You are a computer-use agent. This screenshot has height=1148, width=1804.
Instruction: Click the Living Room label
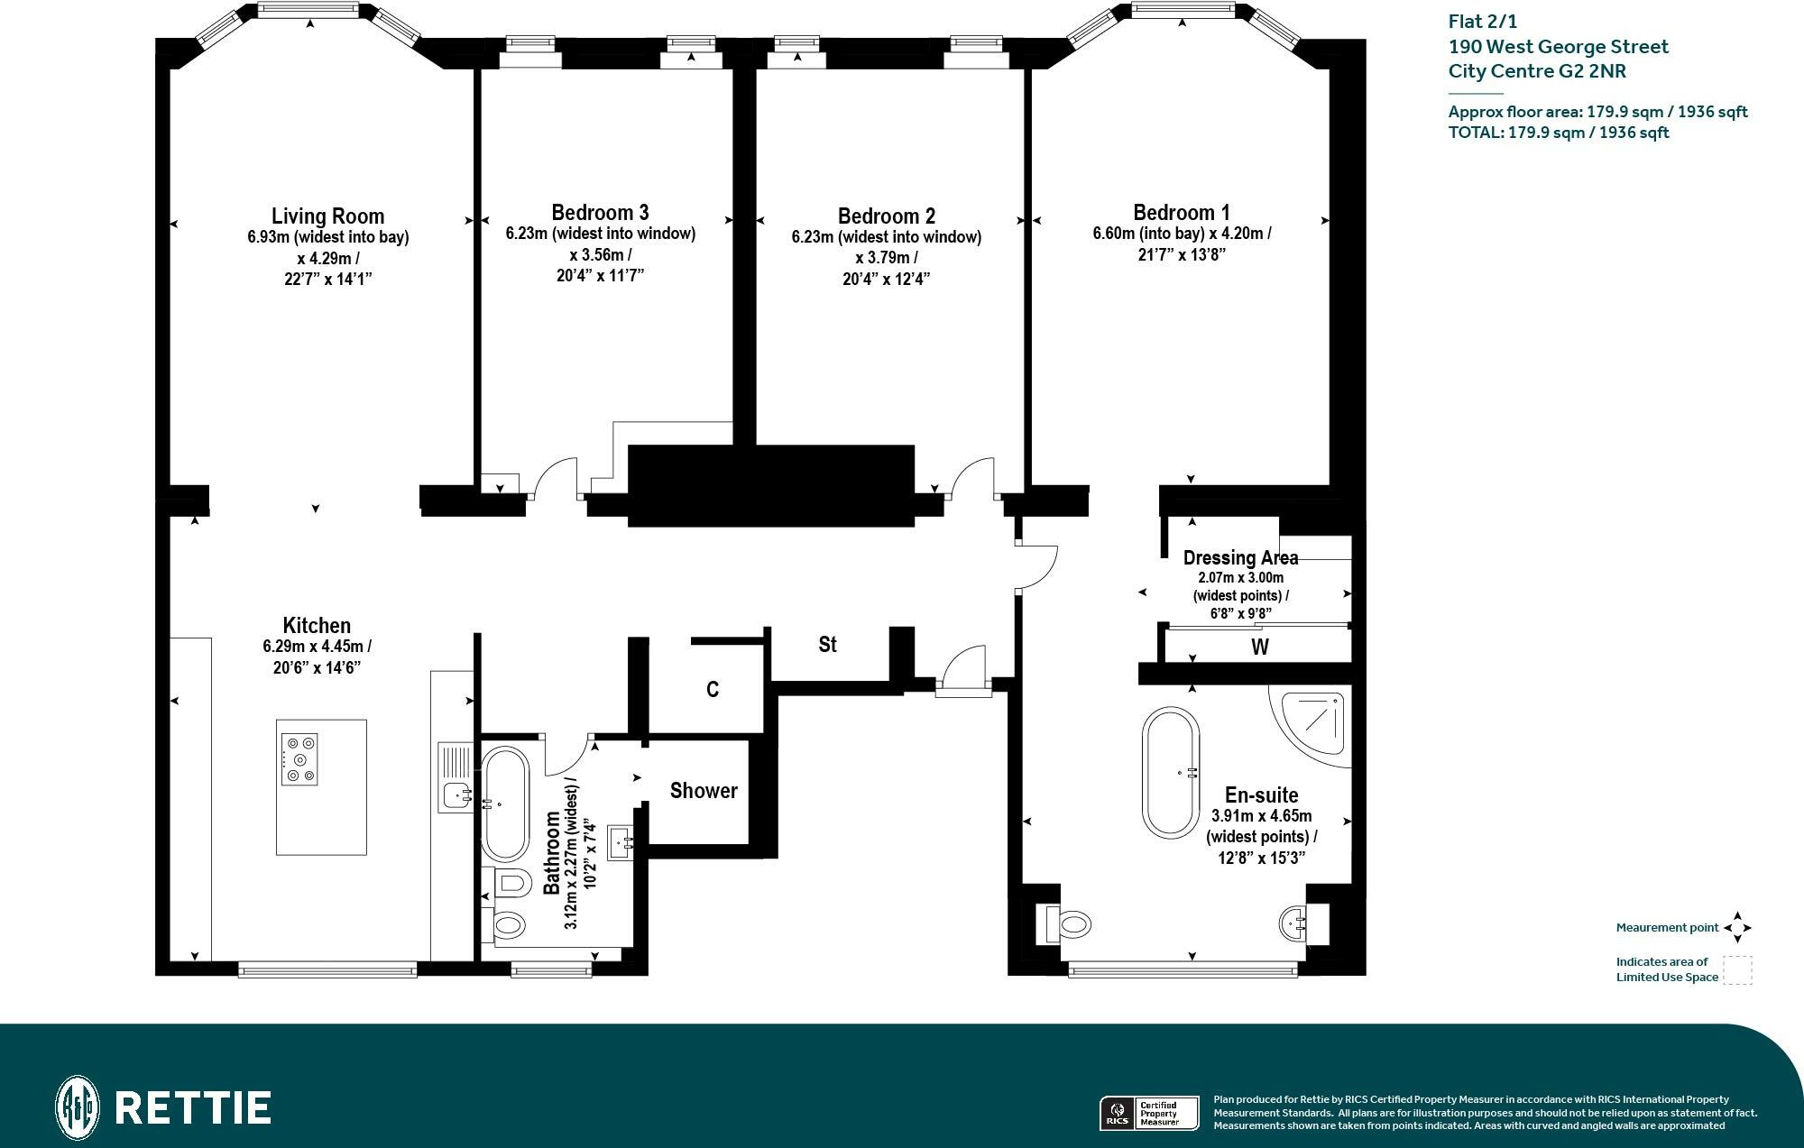(x=327, y=216)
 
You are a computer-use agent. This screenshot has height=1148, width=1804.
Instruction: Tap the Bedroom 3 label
(x=600, y=213)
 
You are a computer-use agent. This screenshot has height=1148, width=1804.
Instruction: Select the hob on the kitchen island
(x=299, y=759)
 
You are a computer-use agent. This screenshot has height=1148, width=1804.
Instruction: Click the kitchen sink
(x=456, y=795)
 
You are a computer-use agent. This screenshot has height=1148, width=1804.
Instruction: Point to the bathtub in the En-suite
(x=1171, y=773)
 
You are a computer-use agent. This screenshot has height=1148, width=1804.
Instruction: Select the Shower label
(x=704, y=791)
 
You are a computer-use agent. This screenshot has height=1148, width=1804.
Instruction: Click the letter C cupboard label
(x=713, y=690)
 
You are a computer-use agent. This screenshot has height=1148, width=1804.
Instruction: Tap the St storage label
(x=827, y=645)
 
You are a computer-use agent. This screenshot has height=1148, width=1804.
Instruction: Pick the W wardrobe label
(x=1260, y=647)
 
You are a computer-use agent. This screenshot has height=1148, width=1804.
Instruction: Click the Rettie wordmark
(x=194, y=1107)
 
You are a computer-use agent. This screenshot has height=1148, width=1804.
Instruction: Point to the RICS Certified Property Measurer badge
(x=1148, y=1113)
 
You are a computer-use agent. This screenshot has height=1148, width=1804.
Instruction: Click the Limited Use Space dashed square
(x=1737, y=970)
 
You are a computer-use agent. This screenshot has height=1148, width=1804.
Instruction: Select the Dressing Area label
(x=1240, y=558)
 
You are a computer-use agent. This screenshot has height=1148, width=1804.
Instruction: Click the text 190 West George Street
(x=1558, y=47)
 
